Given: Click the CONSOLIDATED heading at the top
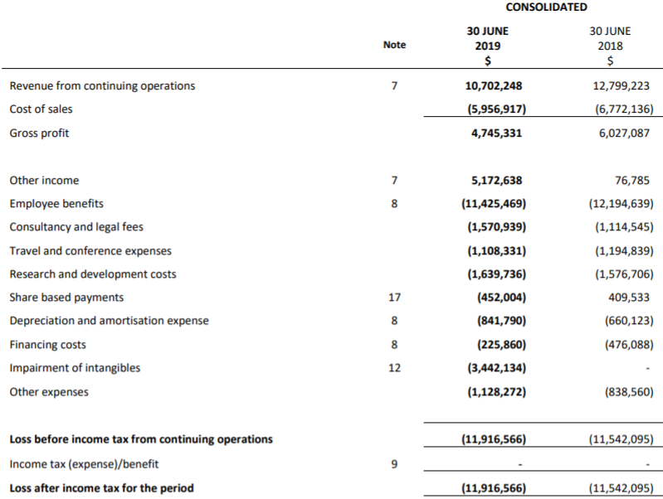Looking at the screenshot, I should coord(546,7).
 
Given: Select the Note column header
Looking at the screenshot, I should coord(395,45).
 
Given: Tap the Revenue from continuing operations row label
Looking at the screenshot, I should coord(102,85).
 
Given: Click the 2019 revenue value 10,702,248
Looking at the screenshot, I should coord(494,85).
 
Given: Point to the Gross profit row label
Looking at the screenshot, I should coord(39,133).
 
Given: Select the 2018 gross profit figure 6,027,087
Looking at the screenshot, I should coord(619,133).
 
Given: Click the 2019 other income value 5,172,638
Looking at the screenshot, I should coord(496,180).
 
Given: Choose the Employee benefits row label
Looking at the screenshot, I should coord(56,203).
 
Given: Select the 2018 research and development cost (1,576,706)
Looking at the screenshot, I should coord(618,274).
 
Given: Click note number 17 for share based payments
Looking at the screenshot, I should coord(395,297).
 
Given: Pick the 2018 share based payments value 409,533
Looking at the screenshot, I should coord(628,297).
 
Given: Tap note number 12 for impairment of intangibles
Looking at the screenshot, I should coord(395,367).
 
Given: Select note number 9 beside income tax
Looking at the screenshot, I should coord(395,463).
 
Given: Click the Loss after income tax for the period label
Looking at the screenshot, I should coord(101,487).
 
